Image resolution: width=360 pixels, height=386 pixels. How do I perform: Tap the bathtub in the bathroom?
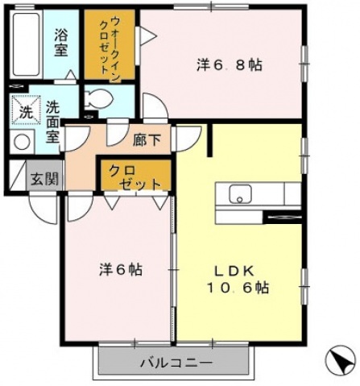click(27, 44)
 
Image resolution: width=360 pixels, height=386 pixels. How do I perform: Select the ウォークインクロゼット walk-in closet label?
click(110, 47)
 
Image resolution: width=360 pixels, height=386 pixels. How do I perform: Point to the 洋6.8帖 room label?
click(230, 65)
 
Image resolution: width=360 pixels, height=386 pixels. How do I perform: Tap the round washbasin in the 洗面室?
click(23, 142)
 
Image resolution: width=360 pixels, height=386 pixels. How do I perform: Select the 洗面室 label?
click(52, 122)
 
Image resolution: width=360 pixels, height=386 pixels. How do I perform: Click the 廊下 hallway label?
click(147, 140)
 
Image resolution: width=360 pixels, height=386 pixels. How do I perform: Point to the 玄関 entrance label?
click(44, 179)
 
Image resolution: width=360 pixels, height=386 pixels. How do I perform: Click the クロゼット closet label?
click(134, 177)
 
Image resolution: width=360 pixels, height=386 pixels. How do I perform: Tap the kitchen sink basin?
click(240, 193)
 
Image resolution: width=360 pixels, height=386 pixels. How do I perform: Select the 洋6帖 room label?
click(121, 269)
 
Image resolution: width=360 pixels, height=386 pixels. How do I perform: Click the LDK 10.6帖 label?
click(238, 280)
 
